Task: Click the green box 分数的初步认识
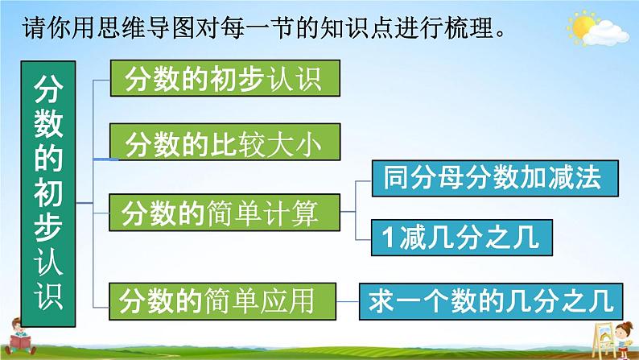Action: [225, 78]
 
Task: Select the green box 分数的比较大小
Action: [225, 142]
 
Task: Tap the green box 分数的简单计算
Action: [225, 213]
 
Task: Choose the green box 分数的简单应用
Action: [222, 301]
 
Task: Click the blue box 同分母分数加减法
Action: [495, 178]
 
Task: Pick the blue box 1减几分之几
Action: [462, 238]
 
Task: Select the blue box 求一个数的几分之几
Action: [491, 302]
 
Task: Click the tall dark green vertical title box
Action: [48, 193]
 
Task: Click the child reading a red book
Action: [20, 337]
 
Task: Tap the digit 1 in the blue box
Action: [388, 238]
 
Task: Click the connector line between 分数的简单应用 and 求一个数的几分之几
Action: [348, 302]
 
